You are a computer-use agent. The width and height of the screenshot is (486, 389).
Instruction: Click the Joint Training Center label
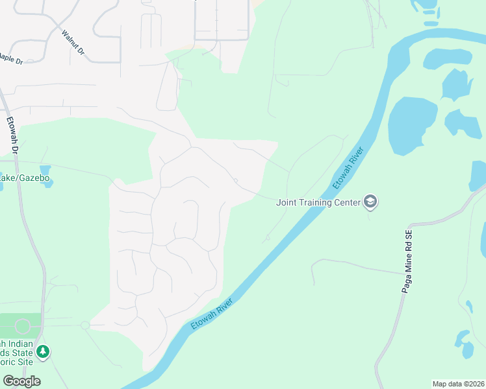(318, 202)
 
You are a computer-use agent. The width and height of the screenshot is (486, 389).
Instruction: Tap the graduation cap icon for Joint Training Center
(371, 202)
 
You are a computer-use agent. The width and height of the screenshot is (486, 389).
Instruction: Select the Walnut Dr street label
(73, 42)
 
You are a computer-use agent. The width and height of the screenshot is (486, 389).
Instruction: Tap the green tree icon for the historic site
(43, 351)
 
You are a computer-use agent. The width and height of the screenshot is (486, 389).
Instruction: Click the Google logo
(21, 381)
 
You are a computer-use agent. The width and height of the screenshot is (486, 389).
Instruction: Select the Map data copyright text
(457, 384)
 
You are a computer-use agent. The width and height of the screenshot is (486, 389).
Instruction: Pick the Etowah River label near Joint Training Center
(347, 167)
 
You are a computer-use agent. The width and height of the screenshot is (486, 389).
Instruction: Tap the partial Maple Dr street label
(11, 59)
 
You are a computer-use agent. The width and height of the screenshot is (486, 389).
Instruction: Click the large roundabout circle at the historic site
(23, 326)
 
